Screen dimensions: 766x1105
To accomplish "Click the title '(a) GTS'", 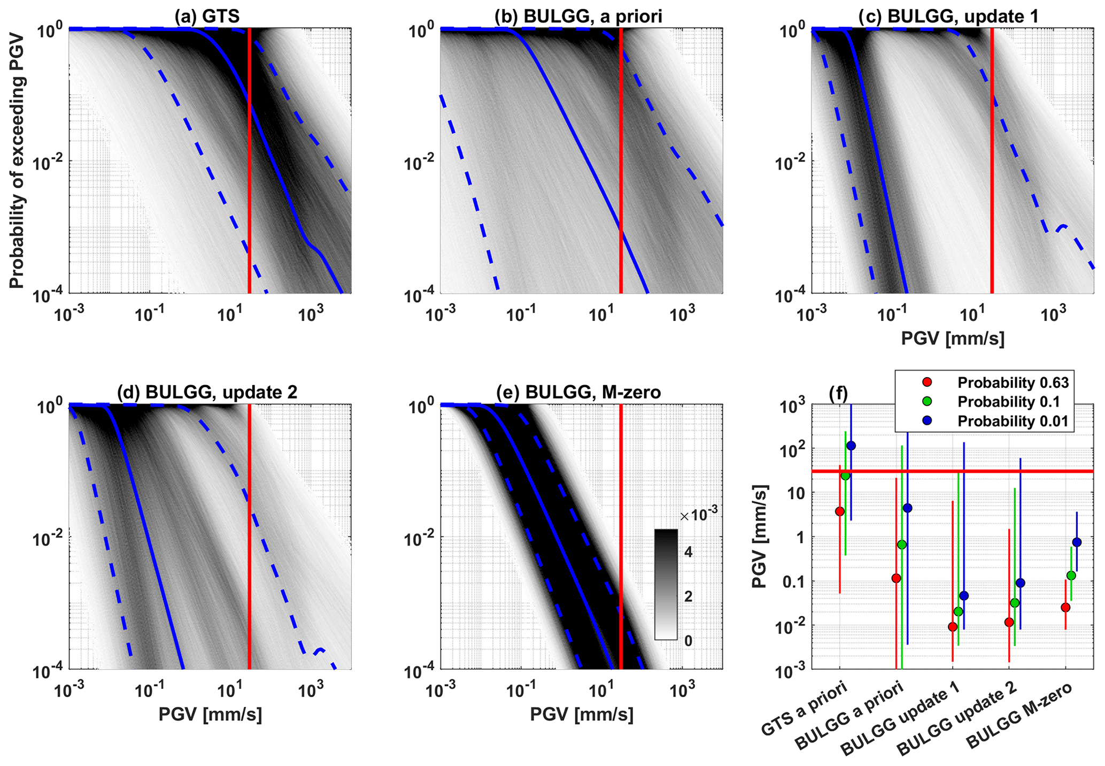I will click(x=207, y=16).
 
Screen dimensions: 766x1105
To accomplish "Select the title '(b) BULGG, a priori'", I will click(x=578, y=16).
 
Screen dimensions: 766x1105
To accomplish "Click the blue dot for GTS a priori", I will click(x=851, y=446).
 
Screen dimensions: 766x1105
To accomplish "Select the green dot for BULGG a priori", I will click(x=902, y=545).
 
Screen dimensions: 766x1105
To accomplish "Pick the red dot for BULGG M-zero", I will click(x=1065, y=607).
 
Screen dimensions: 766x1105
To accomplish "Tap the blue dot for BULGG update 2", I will click(x=1020, y=583).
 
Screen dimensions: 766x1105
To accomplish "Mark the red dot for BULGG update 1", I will click(x=953, y=626).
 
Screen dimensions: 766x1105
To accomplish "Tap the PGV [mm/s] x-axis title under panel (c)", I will click(x=953, y=338).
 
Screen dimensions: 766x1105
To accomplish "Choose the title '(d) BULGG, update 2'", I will click(x=207, y=392).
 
